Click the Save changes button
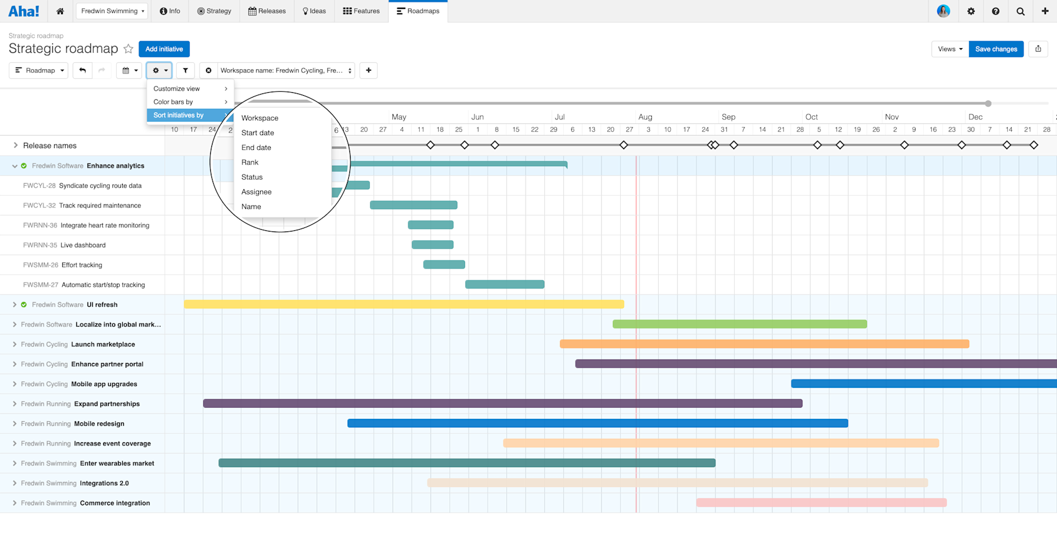pyautogui.click(x=996, y=49)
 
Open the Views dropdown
pyautogui.click(x=950, y=49)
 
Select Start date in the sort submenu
pyautogui.click(x=258, y=133)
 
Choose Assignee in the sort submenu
pyautogui.click(x=257, y=192)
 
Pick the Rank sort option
pyautogui.click(x=250, y=163)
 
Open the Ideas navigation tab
pyautogui.click(x=314, y=11)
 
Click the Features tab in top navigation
pyautogui.click(x=361, y=11)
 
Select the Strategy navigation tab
pyautogui.click(x=214, y=11)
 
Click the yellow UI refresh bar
pyautogui.click(x=403, y=304)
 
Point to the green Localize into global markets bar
pyautogui.click(x=739, y=324)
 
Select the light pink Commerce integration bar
pyautogui.click(x=821, y=503)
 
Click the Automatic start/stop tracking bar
pyautogui.click(x=504, y=284)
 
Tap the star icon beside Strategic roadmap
pyautogui.click(x=129, y=49)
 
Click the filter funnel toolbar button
pyautogui.click(x=186, y=71)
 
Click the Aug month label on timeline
pyautogui.click(x=645, y=117)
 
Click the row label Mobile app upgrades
pyautogui.click(x=104, y=384)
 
